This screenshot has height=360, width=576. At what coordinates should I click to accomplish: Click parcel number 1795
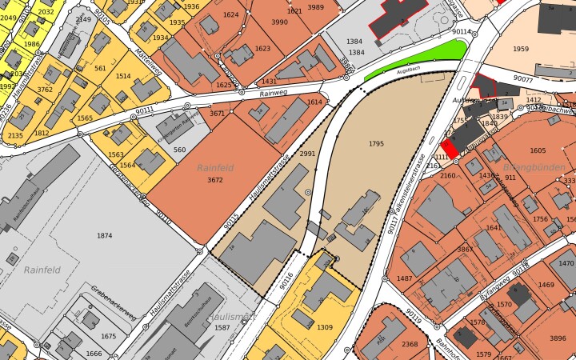[x=377, y=144]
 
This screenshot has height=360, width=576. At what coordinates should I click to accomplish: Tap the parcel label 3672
[x=214, y=181]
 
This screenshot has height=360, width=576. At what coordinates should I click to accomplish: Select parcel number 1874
[x=104, y=235]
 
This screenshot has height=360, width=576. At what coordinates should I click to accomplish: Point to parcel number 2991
[x=307, y=154]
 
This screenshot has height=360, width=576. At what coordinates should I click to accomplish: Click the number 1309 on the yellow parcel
[x=324, y=327]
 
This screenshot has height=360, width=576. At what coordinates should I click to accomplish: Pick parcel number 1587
[x=222, y=328]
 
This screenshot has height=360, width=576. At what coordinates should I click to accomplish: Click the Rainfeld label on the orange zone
[x=215, y=168]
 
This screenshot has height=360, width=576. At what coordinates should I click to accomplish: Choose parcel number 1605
[x=538, y=150]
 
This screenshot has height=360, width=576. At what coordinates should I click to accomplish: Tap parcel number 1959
[x=521, y=49]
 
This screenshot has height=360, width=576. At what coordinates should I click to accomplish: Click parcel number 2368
[x=410, y=344]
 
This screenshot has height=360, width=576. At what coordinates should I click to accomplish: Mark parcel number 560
[x=179, y=150]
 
